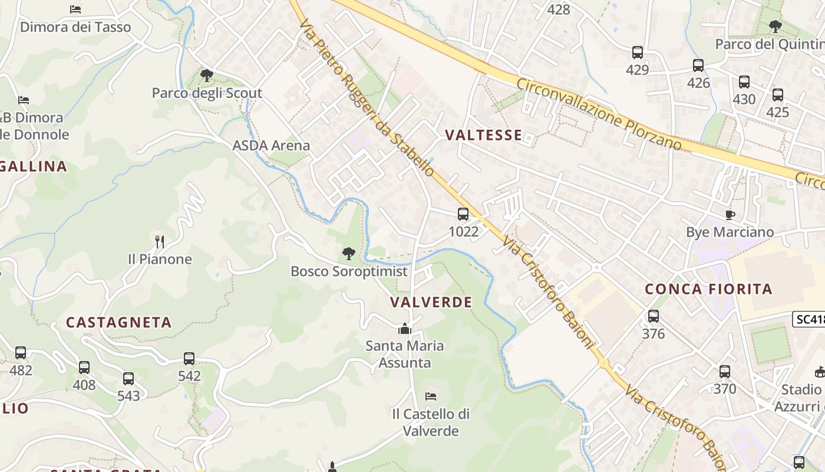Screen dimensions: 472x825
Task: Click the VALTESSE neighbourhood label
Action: click(483, 135)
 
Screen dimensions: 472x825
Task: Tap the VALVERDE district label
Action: click(431, 302)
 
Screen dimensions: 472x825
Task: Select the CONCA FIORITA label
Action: click(708, 289)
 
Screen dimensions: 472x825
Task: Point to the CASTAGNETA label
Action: click(118, 322)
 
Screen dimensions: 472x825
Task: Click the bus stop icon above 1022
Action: click(463, 214)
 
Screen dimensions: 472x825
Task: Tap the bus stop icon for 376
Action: click(653, 316)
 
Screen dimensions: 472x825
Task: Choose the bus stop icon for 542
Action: click(189, 358)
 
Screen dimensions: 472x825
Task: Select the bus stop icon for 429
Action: click(637, 53)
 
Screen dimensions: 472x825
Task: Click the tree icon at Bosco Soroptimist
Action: click(349, 254)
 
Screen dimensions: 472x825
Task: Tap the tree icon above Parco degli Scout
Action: click(206, 76)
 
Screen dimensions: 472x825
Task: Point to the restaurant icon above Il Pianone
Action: click(159, 241)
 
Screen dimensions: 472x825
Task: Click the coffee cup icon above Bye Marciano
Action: click(730, 215)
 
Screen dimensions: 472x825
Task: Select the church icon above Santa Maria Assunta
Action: click(404, 329)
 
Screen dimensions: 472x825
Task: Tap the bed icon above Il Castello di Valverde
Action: click(431, 396)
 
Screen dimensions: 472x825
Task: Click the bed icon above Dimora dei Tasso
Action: click(75, 9)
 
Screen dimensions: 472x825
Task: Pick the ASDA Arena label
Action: click(271, 145)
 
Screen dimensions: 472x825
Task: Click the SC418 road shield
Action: click(808, 319)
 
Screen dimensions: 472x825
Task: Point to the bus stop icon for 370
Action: click(724, 372)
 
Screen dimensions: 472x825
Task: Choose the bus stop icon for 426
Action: click(698, 65)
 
